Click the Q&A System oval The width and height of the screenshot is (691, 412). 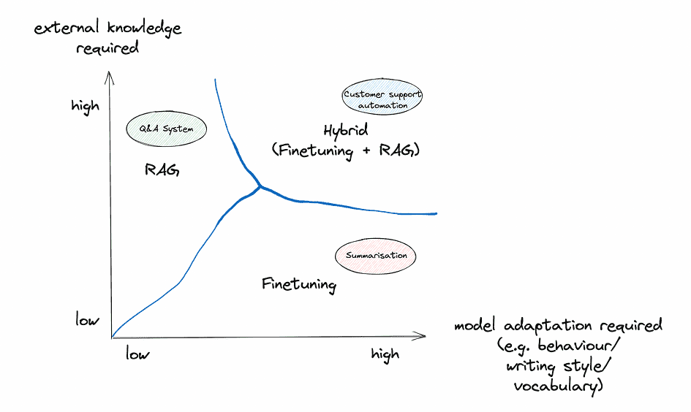click(x=166, y=129)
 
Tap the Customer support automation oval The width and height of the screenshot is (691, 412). click(x=382, y=97)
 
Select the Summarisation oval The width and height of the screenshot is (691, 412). click(x=375, y=256)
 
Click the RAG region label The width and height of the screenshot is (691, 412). click(x=162, y=169)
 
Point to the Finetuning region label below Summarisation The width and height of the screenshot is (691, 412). click(x=299, y=284)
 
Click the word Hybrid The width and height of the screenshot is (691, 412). click(x=345, y=131)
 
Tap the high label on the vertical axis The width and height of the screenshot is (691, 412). click(x=85, y=107)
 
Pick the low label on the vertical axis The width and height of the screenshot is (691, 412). click(x=87, y=319)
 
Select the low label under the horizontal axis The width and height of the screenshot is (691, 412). click(x=137, y=354)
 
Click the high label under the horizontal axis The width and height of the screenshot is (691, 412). click(x=385, y=354)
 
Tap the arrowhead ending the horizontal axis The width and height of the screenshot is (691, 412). click(x=420, y=336)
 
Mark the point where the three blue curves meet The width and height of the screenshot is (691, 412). click(x=260, y=187)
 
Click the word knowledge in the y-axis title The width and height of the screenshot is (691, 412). click(x=144, y=28)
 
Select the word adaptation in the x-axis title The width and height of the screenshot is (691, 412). click(x=548, y=327)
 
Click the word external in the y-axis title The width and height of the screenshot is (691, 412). click(x=67, y=28)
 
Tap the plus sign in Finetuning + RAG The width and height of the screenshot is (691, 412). click(x=366, y=151)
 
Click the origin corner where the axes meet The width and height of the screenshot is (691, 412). click(x=112, y=337)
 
